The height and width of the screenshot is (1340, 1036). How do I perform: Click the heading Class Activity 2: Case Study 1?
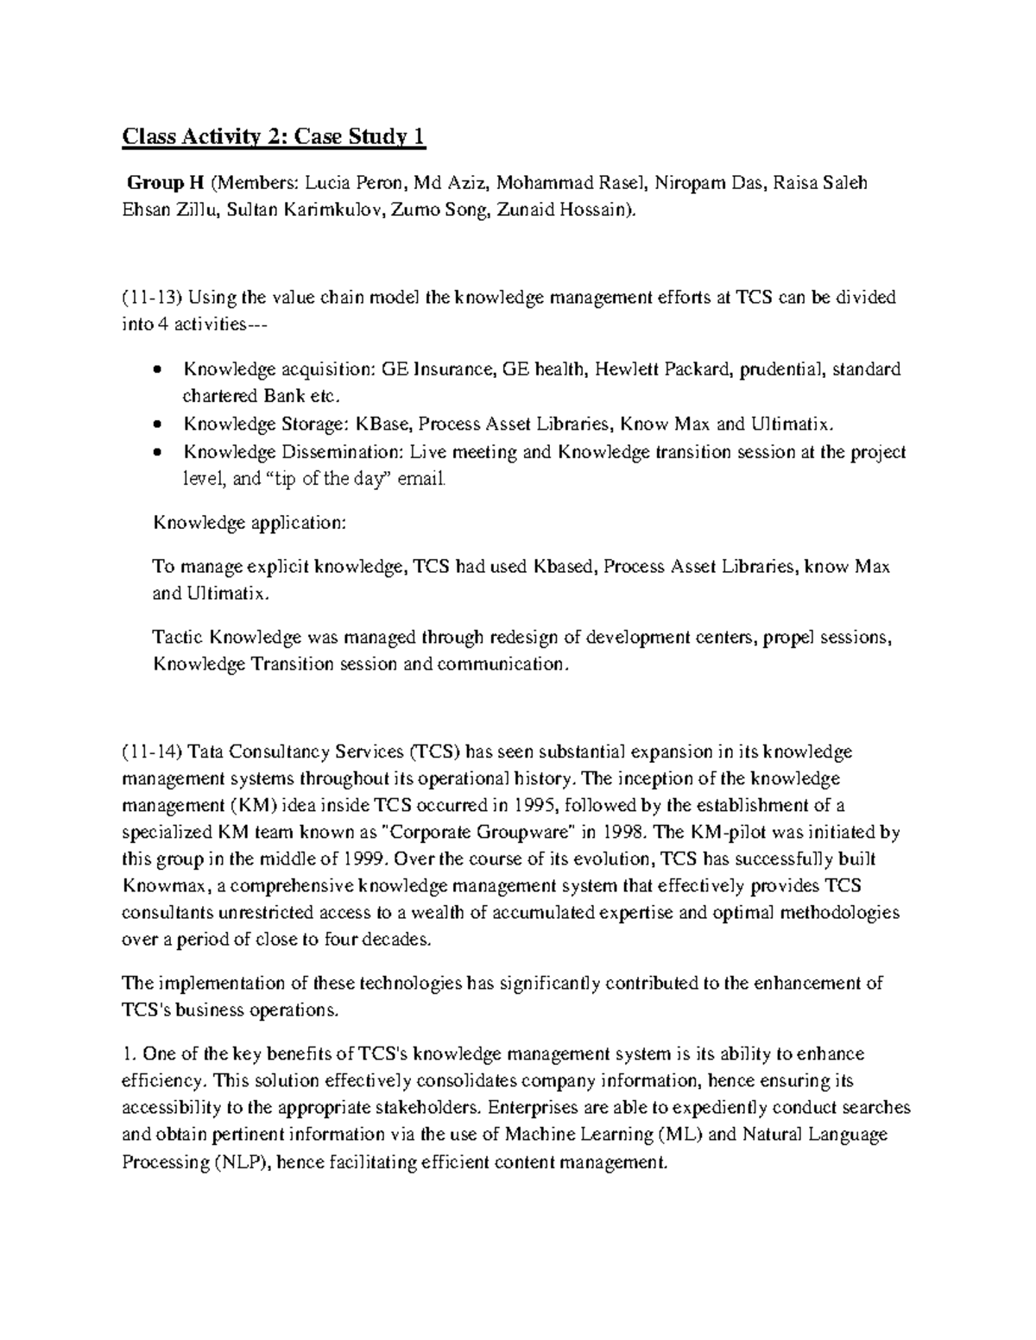click(x=274, y=136)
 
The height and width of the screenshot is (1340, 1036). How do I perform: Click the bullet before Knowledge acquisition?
click(x=155, y=371)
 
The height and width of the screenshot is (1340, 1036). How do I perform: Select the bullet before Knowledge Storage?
click(x=155, y=425)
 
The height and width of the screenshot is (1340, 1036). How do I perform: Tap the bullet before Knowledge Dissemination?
click(x=155, y=453)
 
